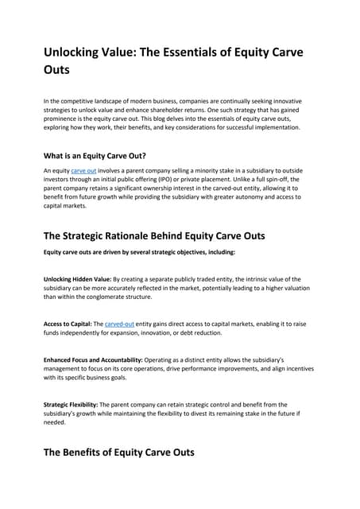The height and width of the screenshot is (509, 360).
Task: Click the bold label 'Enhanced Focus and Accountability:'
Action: click(92, 360)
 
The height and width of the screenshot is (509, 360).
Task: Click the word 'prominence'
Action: click(64, 119)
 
